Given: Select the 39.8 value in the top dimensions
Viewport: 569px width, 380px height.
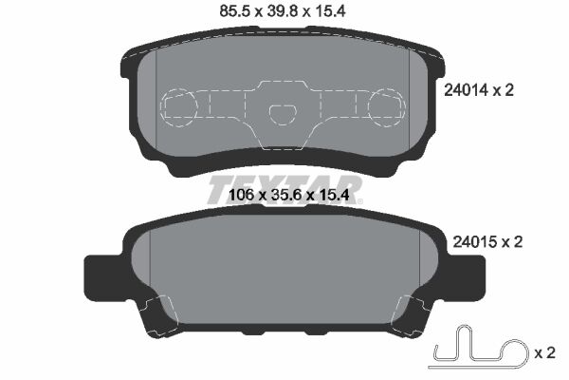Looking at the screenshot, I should pos(284,13).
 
